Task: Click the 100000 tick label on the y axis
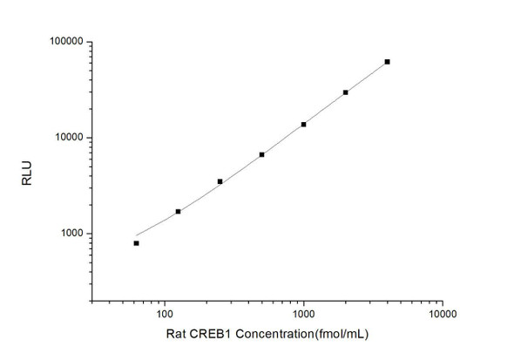[x=64, y=42]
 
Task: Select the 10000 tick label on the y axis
[x=66, y=138]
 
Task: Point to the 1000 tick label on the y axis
[x=69, y=234]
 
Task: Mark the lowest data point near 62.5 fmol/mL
[x=137, y=243]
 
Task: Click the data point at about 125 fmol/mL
[x=179, y=211]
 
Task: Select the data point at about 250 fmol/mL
[x=220, y=181]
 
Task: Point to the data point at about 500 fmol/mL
[x=262, y=154]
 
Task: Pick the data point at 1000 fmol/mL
[x=304, y=124]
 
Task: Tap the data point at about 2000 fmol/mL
[x=346, y=92]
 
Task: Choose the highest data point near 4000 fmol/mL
[x=388, y=62]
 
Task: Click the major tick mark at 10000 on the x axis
[x=443, y=301]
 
